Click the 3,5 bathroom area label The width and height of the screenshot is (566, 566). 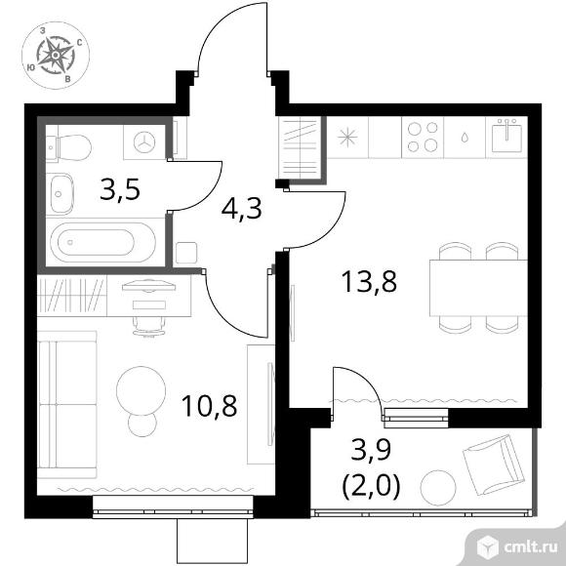(120, 190)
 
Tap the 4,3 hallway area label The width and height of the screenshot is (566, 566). (241, 210)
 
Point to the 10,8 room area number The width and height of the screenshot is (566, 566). (210, 406)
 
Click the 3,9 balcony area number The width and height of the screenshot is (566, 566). (372, 451)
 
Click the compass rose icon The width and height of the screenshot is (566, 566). (56, 56)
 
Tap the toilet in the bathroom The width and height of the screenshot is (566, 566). (69, 148)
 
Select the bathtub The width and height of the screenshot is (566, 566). (102, 242)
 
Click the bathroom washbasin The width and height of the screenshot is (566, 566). (61, 194)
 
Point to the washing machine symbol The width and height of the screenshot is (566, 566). (144, 142)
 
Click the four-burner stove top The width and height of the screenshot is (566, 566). (423, 137)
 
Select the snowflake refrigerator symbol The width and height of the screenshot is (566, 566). (347, 138)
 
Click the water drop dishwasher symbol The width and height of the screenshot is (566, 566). (465, 138)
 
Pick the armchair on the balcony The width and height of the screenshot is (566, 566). (493, 465)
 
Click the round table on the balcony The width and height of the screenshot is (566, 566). (438, 488)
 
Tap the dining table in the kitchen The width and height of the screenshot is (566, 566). (478, 288)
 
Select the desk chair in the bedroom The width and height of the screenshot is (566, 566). (148, 326)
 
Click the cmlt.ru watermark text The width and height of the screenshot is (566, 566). (531, 547)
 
